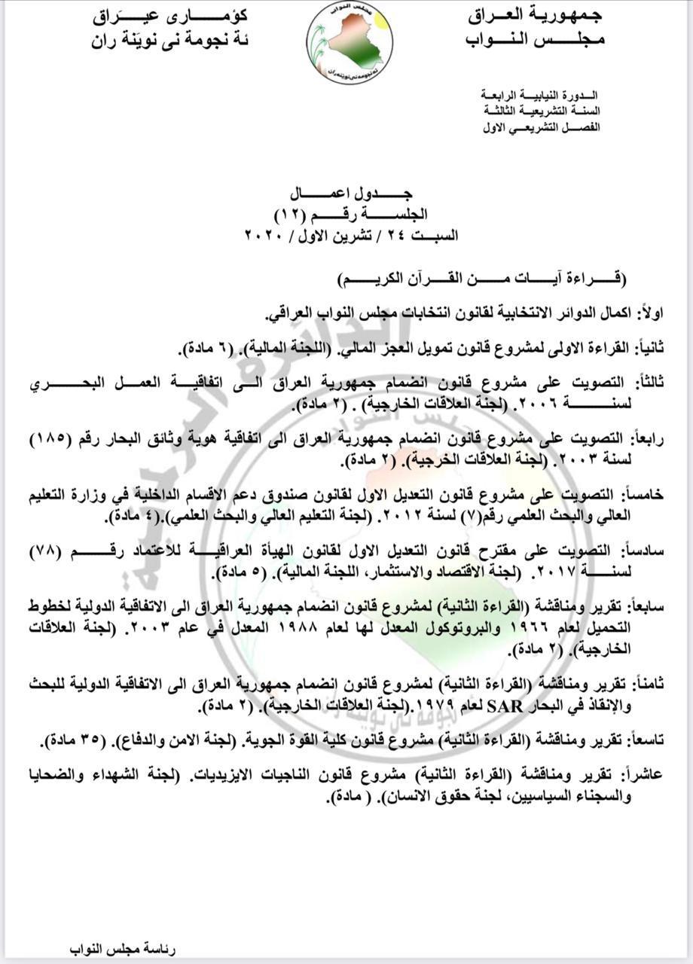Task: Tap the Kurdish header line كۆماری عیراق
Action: (170, 15)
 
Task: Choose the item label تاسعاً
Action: (643, 741)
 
